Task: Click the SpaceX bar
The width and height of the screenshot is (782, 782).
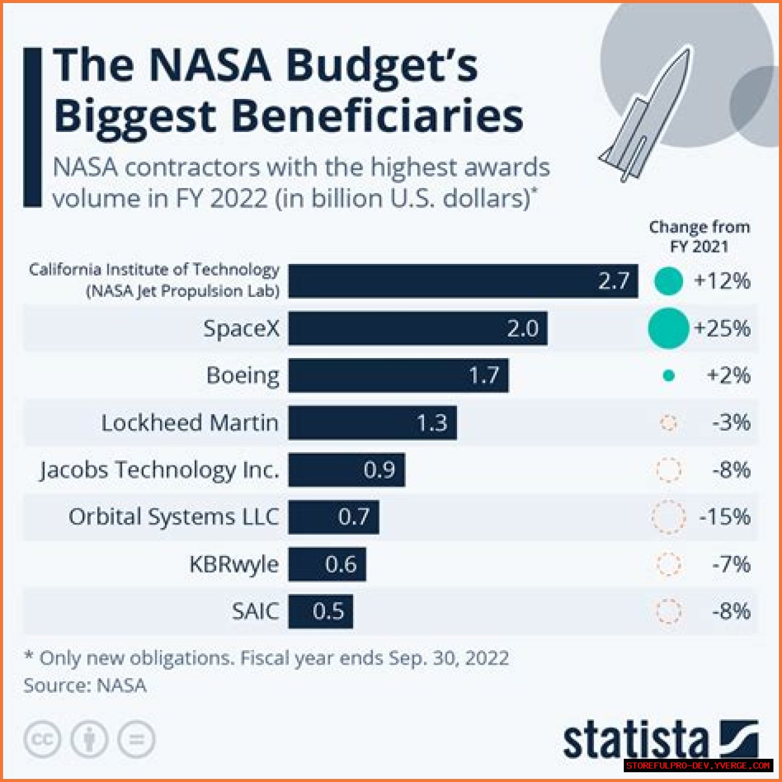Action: (x=417, y=329)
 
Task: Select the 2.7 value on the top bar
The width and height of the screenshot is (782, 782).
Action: (x=613, y=281)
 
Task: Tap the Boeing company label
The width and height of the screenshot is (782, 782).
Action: (x=243, y=375)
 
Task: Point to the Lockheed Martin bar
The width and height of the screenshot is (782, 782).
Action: (x=372, y=423)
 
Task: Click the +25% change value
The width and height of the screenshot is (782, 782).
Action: (x=722, y=329)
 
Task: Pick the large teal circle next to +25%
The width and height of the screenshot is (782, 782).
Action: (x=668, y=329)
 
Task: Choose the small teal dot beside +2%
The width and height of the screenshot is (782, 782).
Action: (x=669, y=376)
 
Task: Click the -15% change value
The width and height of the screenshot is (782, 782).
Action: (x=725, y=517)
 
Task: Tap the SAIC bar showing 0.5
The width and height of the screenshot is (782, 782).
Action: (x=320, y=611)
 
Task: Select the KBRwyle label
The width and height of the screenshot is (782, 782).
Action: (x=234, y=564)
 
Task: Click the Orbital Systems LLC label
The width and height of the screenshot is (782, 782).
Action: (x=174, y=517)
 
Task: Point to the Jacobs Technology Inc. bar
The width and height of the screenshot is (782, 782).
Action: (x=346, y=470)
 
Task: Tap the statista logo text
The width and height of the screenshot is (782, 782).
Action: (x=635, y=741)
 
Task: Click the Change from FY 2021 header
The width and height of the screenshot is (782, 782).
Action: (x=699, y=236)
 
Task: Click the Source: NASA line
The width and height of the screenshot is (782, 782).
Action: (x=85, y=685)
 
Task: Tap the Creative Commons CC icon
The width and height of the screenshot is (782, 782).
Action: (x=43, y=740)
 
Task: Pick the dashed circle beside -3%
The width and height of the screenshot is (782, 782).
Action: (x=669, y=423)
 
